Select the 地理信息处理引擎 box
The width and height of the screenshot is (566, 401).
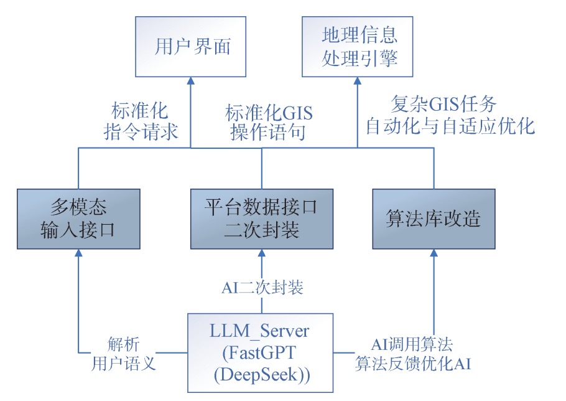pos(359,47)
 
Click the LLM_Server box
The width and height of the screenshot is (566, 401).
pos(261,353)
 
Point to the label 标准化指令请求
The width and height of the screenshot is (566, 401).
pos(141,122)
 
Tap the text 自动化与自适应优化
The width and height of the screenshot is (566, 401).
pos(450,126)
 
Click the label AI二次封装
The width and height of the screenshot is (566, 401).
pos(262,287)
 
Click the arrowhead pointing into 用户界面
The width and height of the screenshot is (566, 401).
pos(190,81)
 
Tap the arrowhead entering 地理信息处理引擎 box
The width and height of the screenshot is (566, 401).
pos(358,81)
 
